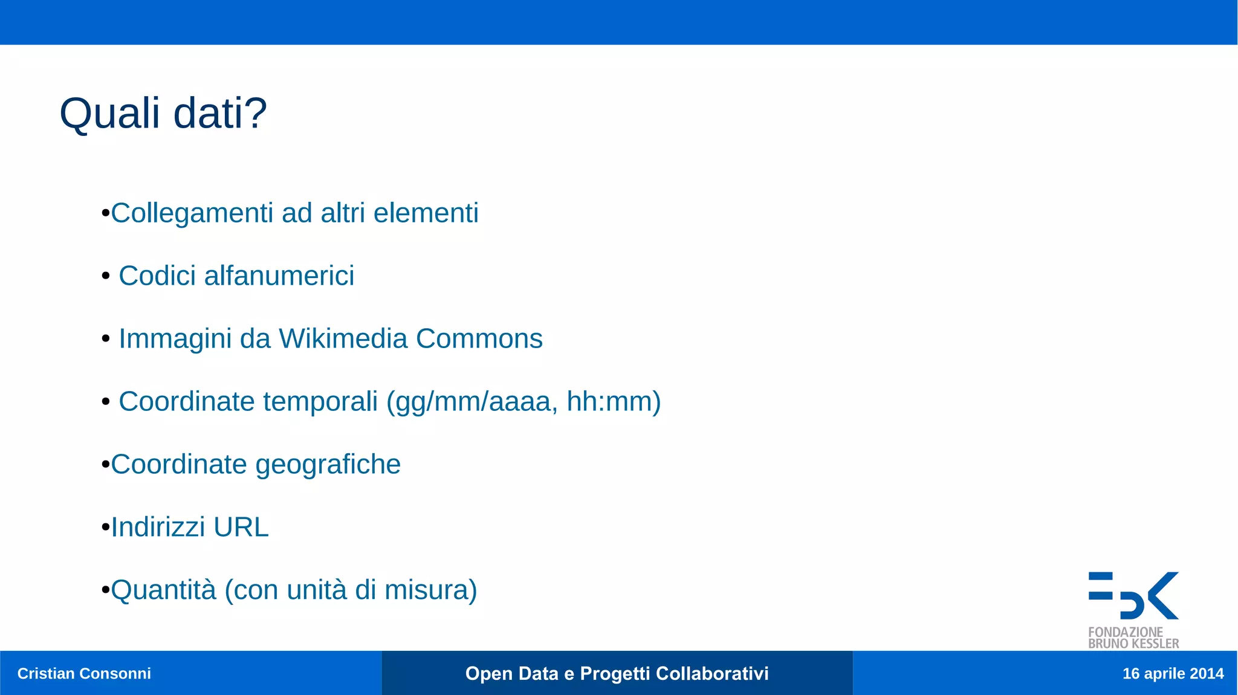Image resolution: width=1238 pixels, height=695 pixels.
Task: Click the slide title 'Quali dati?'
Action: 163,114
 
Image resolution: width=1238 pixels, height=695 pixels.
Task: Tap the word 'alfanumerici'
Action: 279,276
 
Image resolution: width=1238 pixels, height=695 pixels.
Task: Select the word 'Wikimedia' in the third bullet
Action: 343,338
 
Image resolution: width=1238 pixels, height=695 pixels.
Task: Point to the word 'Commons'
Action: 479,338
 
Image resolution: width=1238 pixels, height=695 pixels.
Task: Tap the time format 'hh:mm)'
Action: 613,401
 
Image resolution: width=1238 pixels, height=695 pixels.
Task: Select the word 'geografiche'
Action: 328,465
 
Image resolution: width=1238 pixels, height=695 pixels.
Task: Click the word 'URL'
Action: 241,527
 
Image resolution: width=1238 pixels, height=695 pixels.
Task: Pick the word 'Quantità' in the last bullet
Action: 163,590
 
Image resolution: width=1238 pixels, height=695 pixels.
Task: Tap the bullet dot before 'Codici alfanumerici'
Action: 106,276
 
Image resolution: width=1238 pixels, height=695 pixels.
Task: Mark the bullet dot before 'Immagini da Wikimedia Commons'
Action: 106,339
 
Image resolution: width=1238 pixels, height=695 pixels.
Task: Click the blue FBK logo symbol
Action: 1133,595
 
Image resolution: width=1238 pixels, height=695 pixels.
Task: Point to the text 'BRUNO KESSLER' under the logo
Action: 1133,644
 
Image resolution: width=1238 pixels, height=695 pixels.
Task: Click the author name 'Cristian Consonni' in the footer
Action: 84,673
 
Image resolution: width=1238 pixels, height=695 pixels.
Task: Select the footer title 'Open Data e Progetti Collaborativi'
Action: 617,673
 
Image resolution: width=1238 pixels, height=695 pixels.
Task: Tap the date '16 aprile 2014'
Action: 1173,673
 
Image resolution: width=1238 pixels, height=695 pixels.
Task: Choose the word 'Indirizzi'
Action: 158,527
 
